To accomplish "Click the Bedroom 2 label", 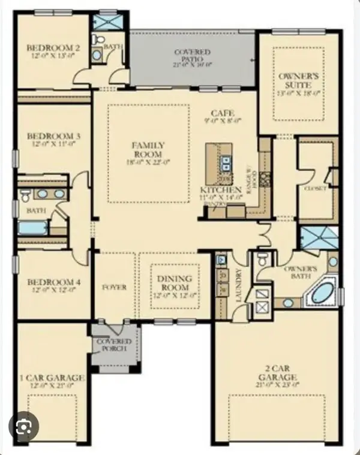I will coord(45,48).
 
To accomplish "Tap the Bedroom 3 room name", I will coord(45,136).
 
